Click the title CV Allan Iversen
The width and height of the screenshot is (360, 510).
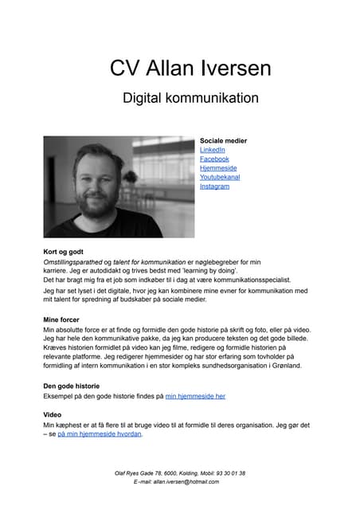179,68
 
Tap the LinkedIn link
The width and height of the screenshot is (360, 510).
212,150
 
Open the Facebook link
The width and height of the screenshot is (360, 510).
214,159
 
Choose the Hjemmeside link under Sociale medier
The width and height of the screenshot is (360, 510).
217,168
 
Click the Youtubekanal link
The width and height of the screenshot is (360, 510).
220,178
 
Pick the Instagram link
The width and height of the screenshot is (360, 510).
214,186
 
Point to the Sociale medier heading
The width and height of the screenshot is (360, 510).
223,141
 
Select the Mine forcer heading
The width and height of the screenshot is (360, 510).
61,320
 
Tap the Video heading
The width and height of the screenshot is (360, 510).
53,415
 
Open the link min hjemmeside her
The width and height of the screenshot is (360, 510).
195,396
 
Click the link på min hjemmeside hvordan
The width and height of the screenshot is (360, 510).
100,435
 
